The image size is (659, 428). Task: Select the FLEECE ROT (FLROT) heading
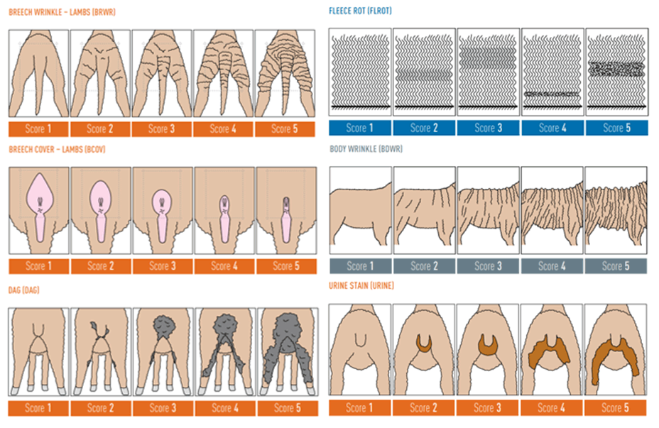[360, 11]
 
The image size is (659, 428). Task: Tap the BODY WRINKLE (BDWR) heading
[366, 150]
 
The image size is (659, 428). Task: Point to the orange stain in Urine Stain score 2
[424, 344]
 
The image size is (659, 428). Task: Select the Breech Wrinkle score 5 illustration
[284, 73]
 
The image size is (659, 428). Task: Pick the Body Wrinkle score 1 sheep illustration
[360, 213]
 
